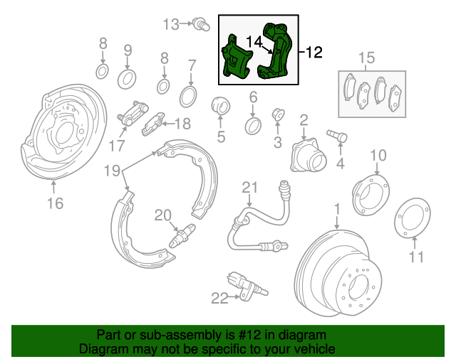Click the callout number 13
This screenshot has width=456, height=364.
[171, 24]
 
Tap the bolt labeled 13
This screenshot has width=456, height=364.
[201, 24]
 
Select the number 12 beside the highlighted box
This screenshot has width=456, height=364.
[314, 52]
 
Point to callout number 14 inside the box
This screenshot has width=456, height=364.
[254, 42]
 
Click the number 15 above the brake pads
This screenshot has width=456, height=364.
[366, 58]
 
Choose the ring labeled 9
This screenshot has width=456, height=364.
[127, 79]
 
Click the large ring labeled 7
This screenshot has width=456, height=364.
[188, 97]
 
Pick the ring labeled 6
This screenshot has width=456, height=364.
[253, 126]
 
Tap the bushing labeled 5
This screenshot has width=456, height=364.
[220, 106]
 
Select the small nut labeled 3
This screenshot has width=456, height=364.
[278, 114]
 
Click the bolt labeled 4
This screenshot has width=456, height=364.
[337, 136]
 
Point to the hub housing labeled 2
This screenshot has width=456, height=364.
[309, 155]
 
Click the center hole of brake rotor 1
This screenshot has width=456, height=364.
[358, 287]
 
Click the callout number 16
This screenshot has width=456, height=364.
[56, 203]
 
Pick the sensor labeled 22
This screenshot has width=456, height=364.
[247, 286]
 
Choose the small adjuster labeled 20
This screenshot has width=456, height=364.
[182, 235]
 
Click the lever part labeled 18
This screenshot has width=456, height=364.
[152, 124]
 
